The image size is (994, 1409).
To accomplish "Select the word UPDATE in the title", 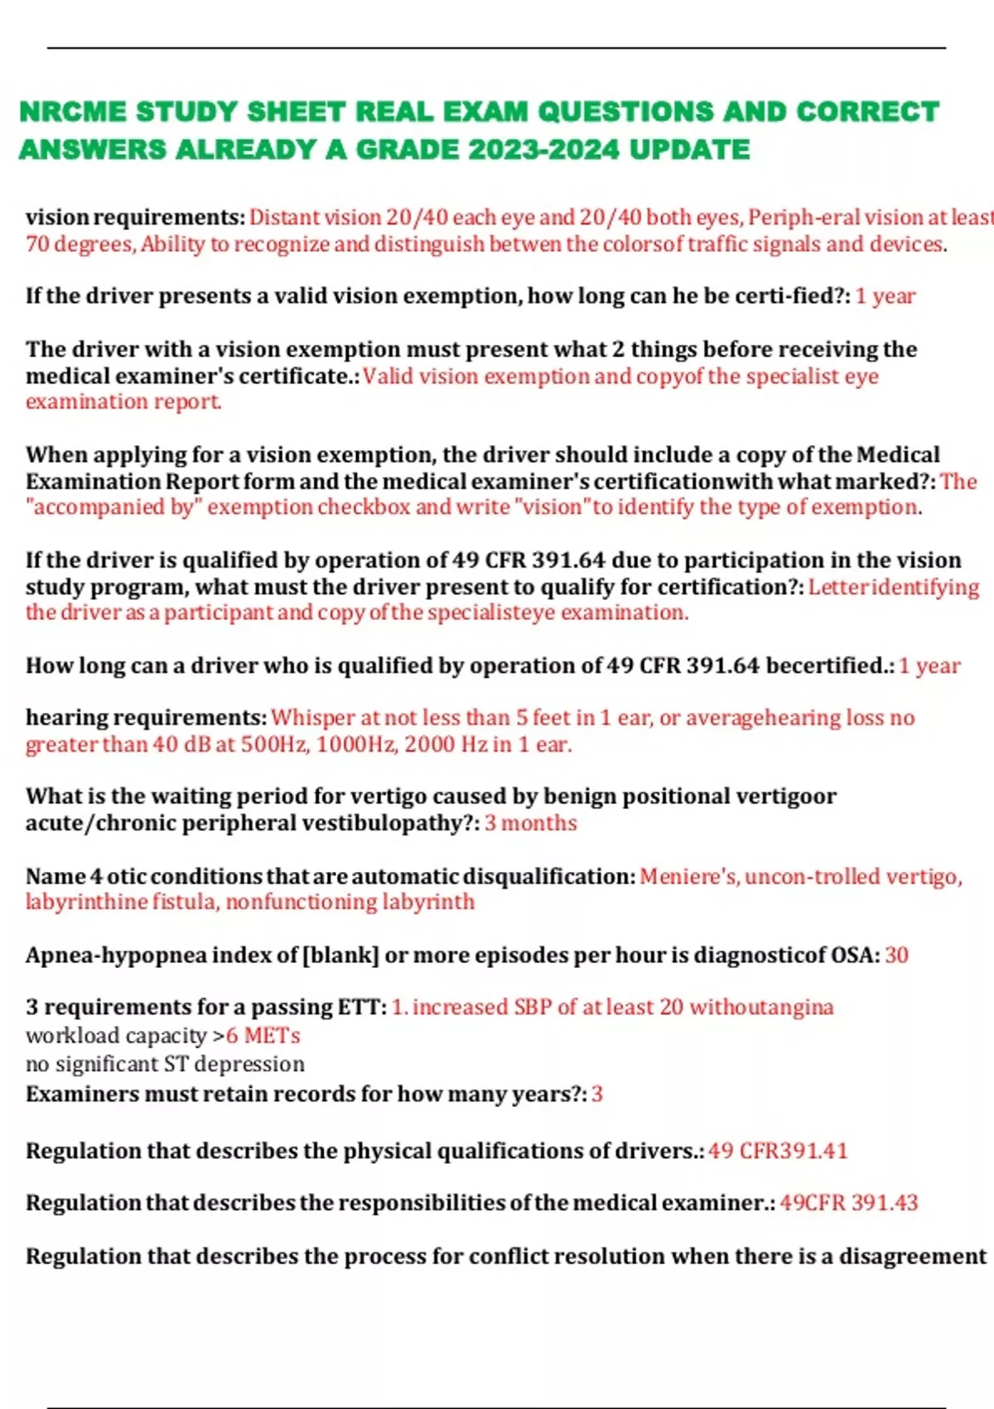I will pos(690,150).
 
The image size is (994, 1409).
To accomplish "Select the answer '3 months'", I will pos(530,823).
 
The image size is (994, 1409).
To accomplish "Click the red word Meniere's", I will pos(688,876).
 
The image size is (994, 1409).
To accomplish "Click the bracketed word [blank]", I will pos(340,956).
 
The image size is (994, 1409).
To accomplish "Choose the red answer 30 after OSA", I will pos(896,956).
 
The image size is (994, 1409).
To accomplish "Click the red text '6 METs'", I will pos(263,1036).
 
